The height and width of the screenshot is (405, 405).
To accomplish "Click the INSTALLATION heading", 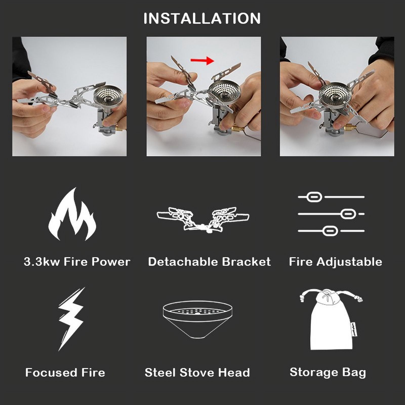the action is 202,18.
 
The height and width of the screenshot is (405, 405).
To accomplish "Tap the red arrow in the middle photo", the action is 202,60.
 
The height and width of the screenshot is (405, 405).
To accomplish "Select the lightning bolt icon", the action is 71,319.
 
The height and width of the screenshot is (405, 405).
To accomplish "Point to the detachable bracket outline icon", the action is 203,219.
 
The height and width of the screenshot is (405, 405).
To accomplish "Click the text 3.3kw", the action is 42,261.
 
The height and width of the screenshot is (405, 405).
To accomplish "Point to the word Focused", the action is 47,372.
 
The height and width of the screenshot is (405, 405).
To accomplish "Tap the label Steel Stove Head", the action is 197,372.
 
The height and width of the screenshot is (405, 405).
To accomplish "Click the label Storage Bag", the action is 328,373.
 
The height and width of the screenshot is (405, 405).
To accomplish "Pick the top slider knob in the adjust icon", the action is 314,197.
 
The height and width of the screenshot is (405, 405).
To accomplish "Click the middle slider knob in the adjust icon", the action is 348,214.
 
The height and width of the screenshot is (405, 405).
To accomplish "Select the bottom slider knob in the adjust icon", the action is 330,231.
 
